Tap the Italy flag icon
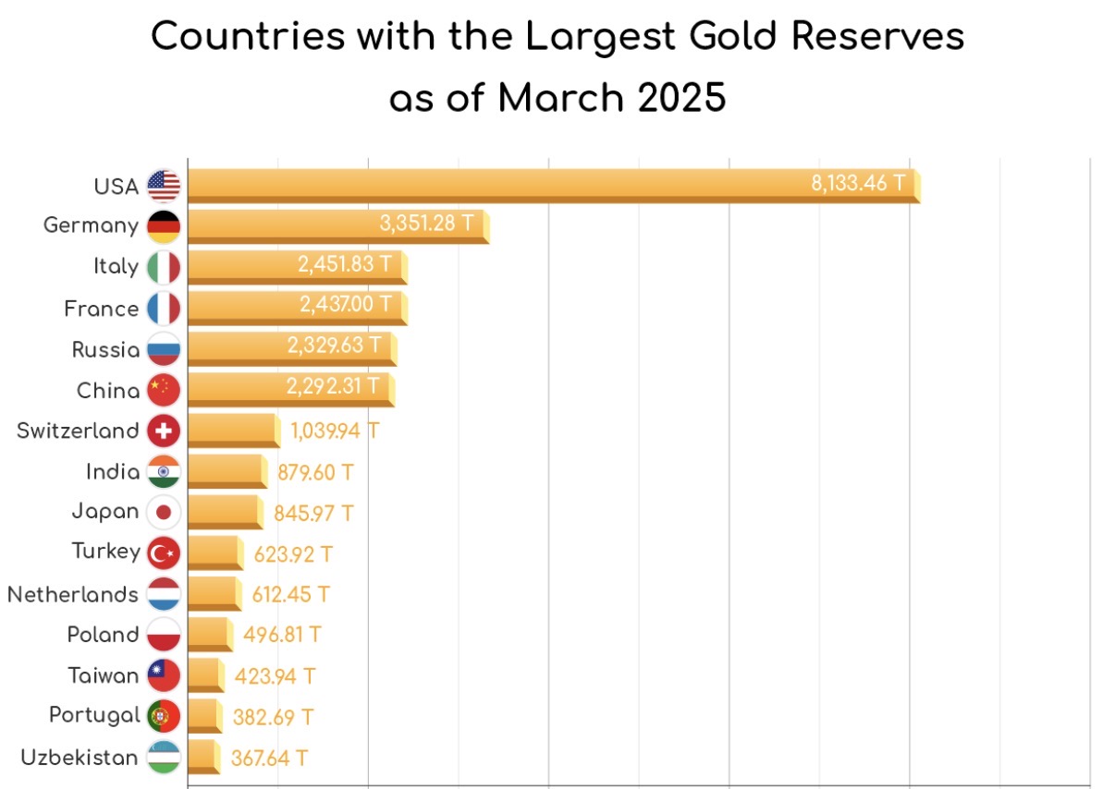click(164, 267)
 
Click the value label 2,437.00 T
click(345, 304)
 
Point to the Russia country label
click(105, 350)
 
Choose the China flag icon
click(164, 390)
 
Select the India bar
click(226, 472)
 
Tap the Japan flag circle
click(164, 512)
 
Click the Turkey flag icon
click(164, 552)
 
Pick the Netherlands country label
click(73, 594)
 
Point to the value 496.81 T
click(282, 635)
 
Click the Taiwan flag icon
click(164, 675)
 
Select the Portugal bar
click(203, 716)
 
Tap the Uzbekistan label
click(80, 758)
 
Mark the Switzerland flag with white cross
click(164, 431)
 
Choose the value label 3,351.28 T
click(427, 223)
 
